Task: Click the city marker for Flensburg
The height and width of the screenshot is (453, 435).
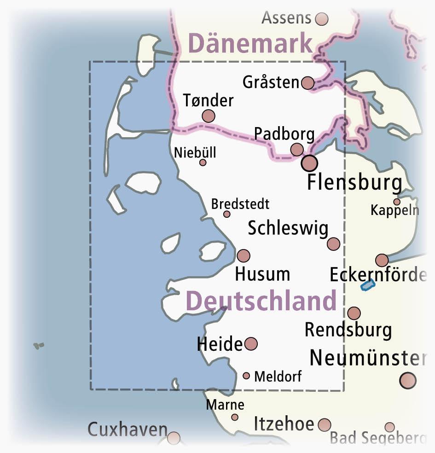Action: (x=309, y=163)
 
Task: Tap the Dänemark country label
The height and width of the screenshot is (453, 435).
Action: (x=251, y=44)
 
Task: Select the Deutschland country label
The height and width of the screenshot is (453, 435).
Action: (x=261, y=301)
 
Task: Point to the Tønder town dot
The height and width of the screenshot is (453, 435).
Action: (x=209, y=116)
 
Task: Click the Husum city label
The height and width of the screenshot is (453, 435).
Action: (x=262, y=274)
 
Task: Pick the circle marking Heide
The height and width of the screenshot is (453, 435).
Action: (x=251, y=343)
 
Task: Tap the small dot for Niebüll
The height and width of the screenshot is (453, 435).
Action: (x=203, y=163)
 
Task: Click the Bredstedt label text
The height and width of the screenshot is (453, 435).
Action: (x=240, y=204)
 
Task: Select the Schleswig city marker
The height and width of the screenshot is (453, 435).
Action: (x=333, y=244)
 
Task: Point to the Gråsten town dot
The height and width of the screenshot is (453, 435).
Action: (x=308, y=83)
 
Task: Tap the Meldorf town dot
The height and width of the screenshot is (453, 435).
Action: (x=246, y=376)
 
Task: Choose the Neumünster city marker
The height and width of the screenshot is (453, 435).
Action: (x=408, y=380)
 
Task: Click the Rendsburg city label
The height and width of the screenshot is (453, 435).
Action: (x=348, y=330)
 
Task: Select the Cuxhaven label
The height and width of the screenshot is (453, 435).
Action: (x=128, y=430)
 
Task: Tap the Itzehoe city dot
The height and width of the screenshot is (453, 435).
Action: (x=325, y=424)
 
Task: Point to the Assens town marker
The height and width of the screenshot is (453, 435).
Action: (x=322, y=19)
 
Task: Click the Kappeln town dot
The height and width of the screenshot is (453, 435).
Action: (x=396, y=202)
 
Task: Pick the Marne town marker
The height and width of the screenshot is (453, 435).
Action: (x=235, y=417)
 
